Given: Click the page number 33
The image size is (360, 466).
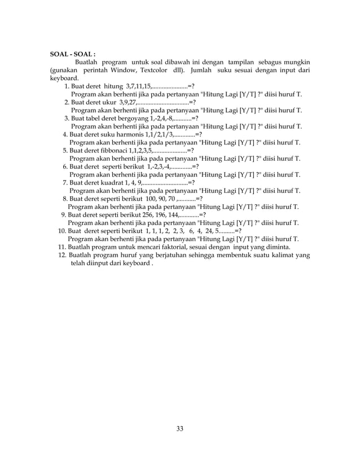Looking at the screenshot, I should [179, 429].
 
